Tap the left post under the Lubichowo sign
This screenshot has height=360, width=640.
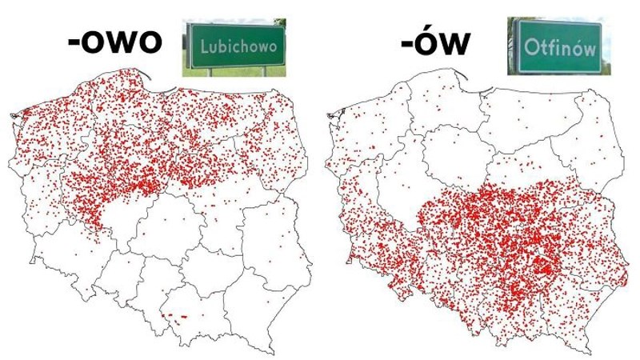pos(210,71)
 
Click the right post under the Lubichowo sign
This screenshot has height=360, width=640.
pos(266,71)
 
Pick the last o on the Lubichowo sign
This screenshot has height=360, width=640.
pos(274,47)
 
